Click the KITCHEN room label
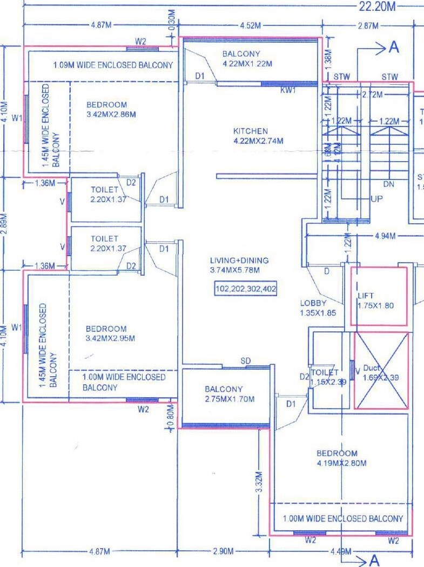[x=250, y=131]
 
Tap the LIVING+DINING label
[x=239, y=261]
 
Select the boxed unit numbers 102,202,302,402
[x=246, y=289]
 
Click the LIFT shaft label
[x=366, y=296]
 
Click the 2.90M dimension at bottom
[x=223, y=551]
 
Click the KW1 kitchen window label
[x=288, y=91]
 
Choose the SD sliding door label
[x=246, y=361]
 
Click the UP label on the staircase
[x=376, y=199]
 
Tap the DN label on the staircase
[x=388, y=184]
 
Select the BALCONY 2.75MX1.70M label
[x=224, y=394]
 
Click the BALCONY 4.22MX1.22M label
[x=247, y=58]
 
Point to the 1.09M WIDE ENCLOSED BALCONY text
[x=113, y=65]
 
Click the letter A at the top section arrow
[x=394, y=48]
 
